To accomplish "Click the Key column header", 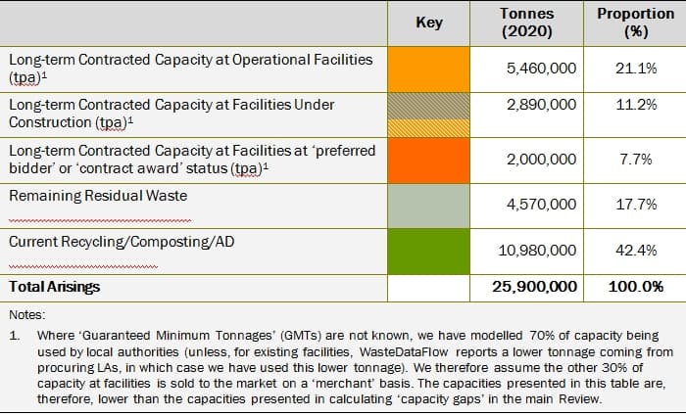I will [429, 23].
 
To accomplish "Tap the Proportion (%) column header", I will [631, 23].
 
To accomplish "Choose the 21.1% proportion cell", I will [635, 69].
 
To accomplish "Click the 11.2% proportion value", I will [635, 105].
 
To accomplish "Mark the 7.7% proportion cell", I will [635, 160].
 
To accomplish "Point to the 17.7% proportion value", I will [635, 205].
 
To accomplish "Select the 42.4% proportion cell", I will [635, 251].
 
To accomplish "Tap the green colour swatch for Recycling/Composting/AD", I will [429, 251].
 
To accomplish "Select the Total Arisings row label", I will [54, 288].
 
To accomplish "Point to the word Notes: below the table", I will [25, 315].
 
